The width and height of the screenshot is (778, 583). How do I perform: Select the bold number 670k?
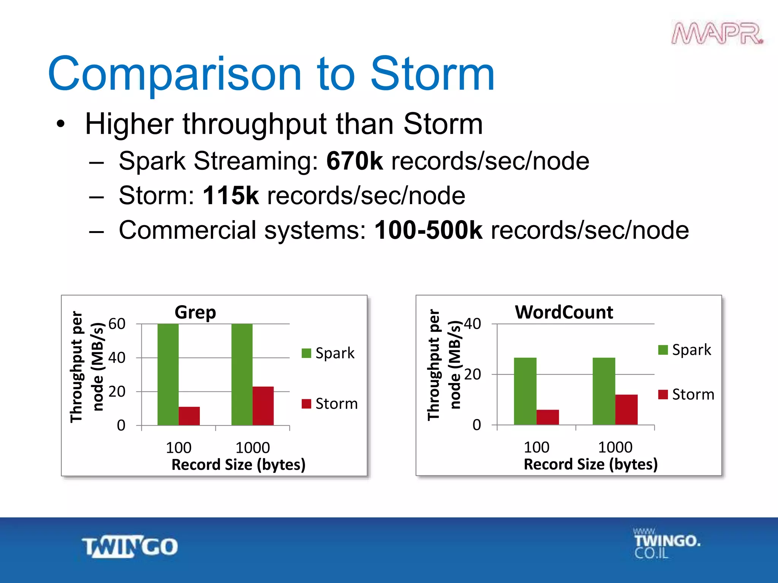pos(354,161)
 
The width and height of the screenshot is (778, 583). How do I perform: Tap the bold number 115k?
pos(231,196)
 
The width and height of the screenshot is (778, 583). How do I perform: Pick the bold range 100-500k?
pos(428,230)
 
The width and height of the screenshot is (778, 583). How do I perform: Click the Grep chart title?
pos(195,312)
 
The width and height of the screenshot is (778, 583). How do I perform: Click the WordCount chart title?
pos(564,312)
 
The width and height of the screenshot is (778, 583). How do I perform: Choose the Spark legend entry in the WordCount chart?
pos(685,350)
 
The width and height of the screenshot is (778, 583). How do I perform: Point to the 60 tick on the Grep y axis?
pos(117,324)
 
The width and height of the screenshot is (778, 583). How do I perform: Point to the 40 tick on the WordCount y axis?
pos(472,324)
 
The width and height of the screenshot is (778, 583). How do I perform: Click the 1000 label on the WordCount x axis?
pos(615,447)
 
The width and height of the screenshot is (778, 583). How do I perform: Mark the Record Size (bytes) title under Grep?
pos(238,465)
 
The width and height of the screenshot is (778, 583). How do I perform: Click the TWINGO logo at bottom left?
pos(130,547)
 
